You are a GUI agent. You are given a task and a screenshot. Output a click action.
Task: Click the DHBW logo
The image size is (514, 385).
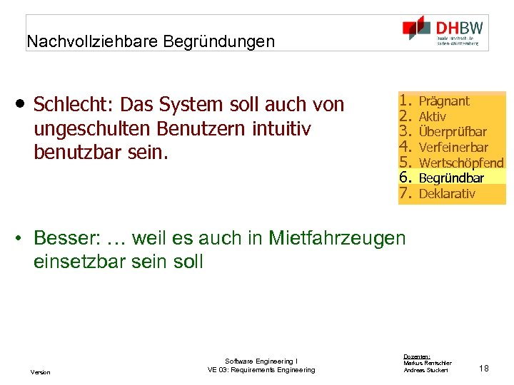(x=443, y=31)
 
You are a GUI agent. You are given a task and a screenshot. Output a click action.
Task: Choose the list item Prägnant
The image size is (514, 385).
(x=444, y=101)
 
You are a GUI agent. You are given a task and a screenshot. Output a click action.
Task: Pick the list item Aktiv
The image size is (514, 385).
(x=433, y=116)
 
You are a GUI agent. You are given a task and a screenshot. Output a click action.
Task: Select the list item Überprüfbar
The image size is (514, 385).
(x=453, y=132)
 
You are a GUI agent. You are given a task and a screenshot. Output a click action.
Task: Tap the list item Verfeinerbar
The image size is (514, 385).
(x=453, y=148)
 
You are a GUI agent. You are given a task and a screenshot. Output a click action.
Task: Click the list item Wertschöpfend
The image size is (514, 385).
(x=461, y=163)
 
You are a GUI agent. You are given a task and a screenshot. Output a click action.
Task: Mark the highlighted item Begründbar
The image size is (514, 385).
(x=451, y=178)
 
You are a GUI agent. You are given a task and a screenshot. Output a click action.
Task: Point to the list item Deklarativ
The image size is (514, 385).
(x=447, y=194)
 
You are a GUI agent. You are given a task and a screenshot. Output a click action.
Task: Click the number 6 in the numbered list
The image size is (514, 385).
(x=407, y=178)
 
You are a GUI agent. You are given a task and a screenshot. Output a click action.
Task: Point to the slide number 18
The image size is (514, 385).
(x=484, y=369)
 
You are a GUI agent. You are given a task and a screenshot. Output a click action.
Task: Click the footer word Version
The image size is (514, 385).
(x=41, y=372)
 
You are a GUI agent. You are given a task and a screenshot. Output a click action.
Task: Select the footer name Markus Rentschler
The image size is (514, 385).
(x=427, y=363)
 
